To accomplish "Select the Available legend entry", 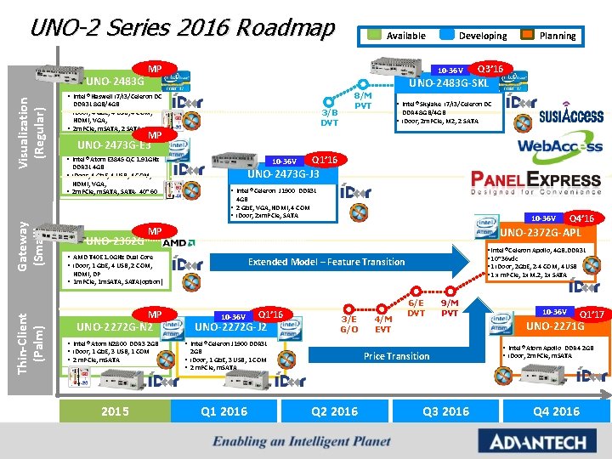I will pos(405,36).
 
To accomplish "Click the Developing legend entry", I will pos(482,36).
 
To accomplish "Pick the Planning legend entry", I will pos(558,36).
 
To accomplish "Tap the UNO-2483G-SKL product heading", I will pos(449,84).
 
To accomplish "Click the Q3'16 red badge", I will pos(491,68).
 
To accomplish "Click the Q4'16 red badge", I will pos(581,218).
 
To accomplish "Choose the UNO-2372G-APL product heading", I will pos(541,233).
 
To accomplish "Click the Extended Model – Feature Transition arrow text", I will pos(326,262).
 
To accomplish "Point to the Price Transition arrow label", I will pos(396,356).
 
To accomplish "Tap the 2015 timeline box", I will pos(115,411).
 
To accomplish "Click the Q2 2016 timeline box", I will pos(335,411).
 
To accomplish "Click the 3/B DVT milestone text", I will pos(329,116).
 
